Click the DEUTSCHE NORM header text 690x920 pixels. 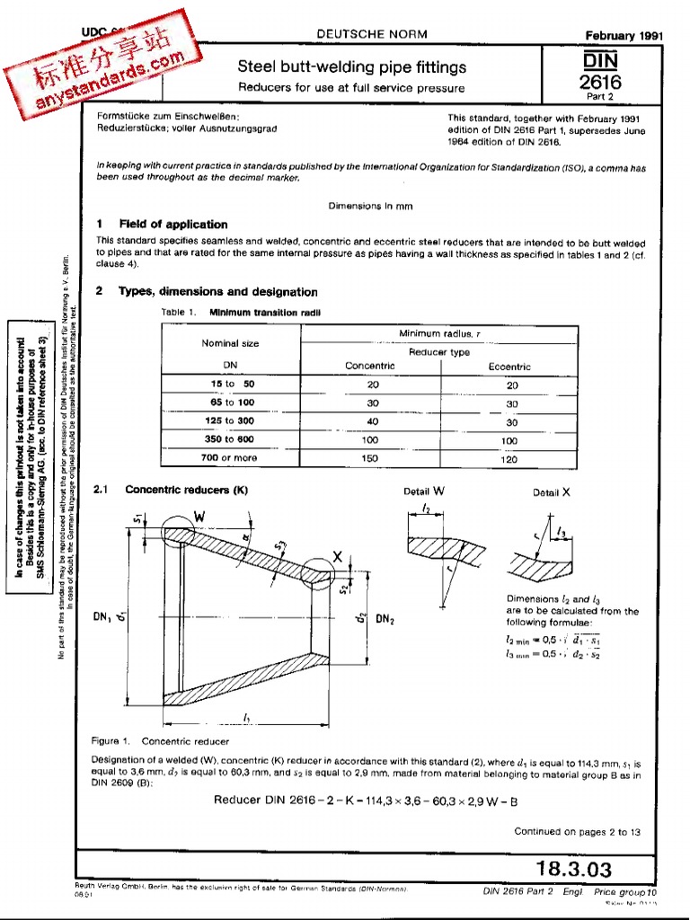tap(372, 34)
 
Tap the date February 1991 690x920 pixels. tap(623, 36)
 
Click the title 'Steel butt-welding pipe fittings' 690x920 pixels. tap(351, 67)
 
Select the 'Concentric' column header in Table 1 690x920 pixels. tap(370, 367)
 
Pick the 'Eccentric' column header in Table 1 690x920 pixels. tap(509, 367)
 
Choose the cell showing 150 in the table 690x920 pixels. tap(373, 457)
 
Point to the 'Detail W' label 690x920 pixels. tap(425, 491)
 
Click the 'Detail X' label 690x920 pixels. tap(552, 492)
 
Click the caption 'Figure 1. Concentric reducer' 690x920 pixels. tap(148, 741)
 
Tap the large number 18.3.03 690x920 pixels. tap(573, 869)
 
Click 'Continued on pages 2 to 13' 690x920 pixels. tap(577, 832)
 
